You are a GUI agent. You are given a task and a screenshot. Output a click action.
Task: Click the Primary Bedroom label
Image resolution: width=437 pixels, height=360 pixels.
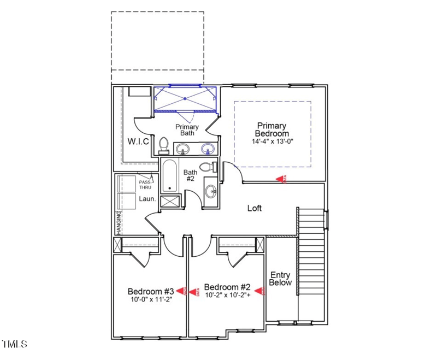[x=272, y=129]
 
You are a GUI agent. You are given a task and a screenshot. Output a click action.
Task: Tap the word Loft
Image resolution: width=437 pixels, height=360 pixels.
[x=255, y=208]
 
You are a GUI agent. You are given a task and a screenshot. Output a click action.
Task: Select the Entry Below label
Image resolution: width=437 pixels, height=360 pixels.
[x=281, y=279]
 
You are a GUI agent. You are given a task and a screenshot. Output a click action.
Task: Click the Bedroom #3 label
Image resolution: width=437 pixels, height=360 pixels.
[x=151, y=291]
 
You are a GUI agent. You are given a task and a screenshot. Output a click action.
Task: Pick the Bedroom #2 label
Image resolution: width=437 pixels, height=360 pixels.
[x=227, y=287]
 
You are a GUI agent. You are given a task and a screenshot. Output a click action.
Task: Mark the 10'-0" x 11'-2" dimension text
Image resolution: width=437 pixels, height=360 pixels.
[x=151, y=299]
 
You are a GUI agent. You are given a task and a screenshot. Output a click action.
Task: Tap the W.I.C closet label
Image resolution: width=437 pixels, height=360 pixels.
[x=138, y=141]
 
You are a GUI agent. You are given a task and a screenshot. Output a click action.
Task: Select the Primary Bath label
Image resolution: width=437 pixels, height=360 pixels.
[x=187, y=129]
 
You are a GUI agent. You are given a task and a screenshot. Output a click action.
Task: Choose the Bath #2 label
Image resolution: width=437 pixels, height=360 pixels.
[x=190, y=175]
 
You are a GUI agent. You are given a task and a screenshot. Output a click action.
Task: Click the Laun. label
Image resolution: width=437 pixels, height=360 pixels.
[x=147, y=199]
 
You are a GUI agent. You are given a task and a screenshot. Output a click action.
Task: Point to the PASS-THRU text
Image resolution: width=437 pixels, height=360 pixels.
[x=145, y=185]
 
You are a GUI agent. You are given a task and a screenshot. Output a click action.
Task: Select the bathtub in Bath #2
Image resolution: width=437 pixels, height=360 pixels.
[x=170, y=175]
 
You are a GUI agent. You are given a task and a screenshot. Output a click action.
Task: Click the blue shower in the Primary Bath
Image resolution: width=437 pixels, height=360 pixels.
[x=185, y=99]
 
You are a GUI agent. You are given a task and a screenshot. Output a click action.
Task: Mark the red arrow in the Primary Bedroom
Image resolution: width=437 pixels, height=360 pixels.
[x=281, y=179]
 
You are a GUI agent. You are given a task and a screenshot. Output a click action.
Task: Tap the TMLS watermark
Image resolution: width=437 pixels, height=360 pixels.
[x=15, y=344]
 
